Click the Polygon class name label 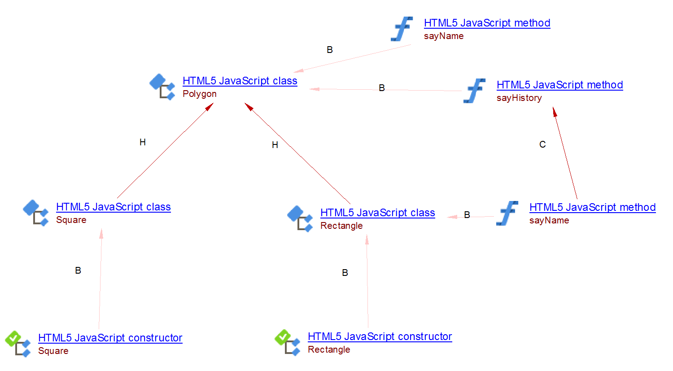point(200,94)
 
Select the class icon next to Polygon point(162,87)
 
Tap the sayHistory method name point(519,98)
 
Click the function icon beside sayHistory point(475,91)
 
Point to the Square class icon point(35,213)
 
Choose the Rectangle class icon point(300,218)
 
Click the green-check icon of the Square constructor point(17,344)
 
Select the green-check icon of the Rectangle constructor point(287,342)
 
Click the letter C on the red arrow point(542,144)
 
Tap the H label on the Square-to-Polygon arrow point(143,142)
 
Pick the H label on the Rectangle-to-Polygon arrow point(275,145)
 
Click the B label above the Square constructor point(78,271)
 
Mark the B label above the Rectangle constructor point(345,273)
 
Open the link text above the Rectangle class point(377,213)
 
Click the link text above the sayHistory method point(559,85)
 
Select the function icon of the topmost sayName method point(402,29)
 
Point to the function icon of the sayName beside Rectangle point(507,213)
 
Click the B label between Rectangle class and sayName point(467,215)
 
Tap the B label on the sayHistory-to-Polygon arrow point(382,88)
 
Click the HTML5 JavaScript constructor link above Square point(110,338)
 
